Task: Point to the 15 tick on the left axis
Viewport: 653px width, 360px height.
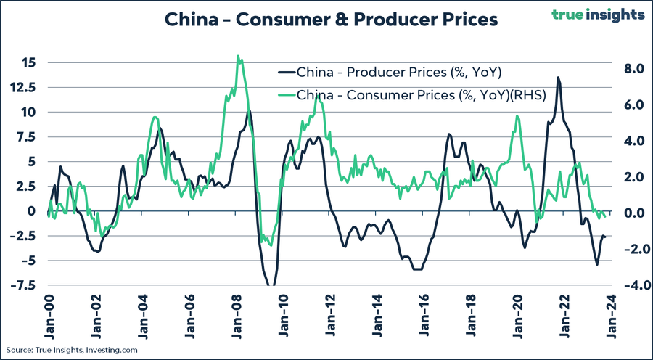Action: tap(27, 62)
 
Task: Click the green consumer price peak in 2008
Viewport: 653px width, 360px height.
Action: tap(238, 56)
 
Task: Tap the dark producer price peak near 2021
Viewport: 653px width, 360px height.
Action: tap(558, 78)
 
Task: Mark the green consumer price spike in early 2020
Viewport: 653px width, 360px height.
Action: tap(517, 116)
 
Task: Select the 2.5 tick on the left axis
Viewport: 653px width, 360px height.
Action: tap(25, 186)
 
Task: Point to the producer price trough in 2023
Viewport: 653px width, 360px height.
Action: tap(597, 264)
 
